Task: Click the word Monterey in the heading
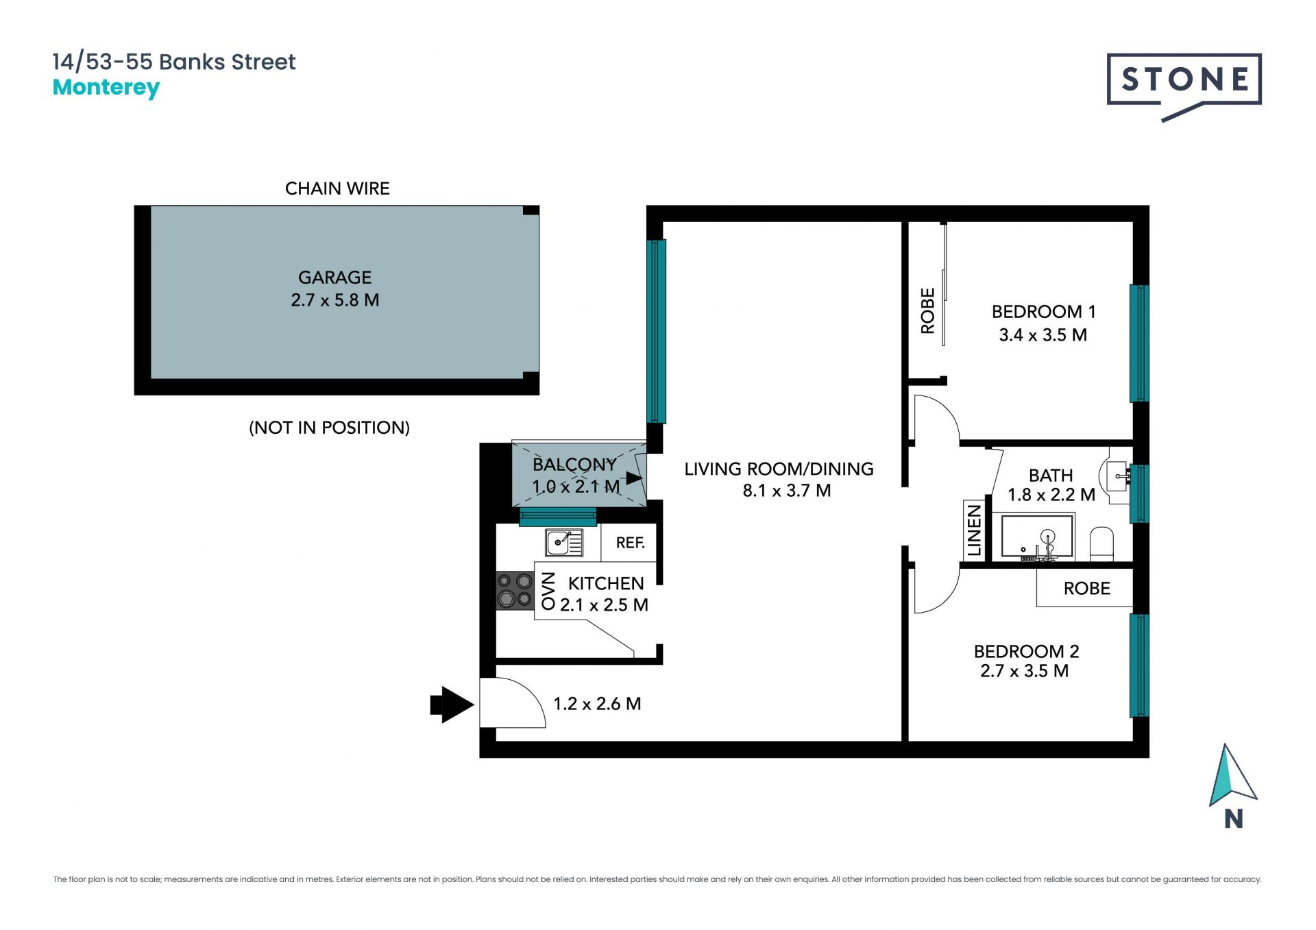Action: [x=106, y=88]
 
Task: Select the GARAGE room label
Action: [x=334, y=278]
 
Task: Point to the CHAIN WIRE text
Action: [x=337, y=188]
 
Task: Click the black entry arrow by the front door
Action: [x=452, y=705]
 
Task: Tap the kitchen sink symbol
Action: [x=564, y=543]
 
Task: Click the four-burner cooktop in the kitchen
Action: [x=515, y=590]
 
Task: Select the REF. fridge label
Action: [x=631, y=543]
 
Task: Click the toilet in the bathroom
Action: [x=1101, y=543]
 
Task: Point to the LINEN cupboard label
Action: [x=974, y=530]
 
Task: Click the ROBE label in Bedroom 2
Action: [x=1086, y=589]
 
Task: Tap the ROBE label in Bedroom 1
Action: [x=927, y=311]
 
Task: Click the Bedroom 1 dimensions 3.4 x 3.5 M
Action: [x=1043, y=335]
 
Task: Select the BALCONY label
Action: [x=574, y=465]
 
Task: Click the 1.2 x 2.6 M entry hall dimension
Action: [x=597, y=704]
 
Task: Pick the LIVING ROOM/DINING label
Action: [x=779, y=469]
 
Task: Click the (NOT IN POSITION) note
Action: [x=329, y=428]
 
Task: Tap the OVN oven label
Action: [x=548, y=591]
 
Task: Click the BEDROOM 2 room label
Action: [x=1026, y=651]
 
